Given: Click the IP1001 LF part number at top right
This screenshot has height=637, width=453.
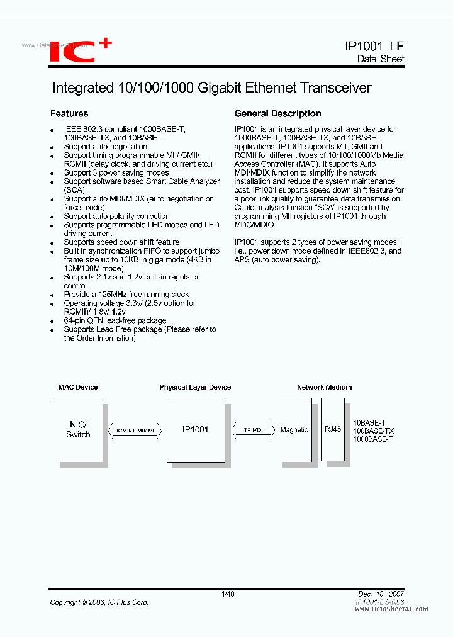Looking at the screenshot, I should pyautogui.click(x=374, y=46).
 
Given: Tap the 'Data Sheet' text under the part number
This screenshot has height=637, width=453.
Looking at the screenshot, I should pyautogui.click(x=381, y=59).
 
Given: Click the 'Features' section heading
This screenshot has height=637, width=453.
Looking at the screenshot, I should pyautogui.click(x=69, y=114).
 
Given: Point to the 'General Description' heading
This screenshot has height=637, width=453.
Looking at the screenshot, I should pyautogui.click(x=277, y=114).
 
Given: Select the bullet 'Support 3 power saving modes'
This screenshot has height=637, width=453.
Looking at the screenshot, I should pyautogui.click(x=116, y=172).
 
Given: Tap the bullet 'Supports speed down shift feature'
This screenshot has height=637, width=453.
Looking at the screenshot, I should pyautogui.click(x=121, y=242).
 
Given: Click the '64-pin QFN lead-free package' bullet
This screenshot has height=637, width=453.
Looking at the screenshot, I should pyautogui.click(x=115, y=320).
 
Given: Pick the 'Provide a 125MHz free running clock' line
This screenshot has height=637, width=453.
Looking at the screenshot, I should pyautogui.click(x=126, y=295).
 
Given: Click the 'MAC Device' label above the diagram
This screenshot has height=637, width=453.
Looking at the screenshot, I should pyautogui.click(x=78, y=388).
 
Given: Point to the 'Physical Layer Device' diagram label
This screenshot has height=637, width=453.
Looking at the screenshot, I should pyautogui.click(x=195, y=388).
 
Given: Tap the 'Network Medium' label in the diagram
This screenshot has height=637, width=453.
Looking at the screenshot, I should pyautogui.click(x=324, y=388).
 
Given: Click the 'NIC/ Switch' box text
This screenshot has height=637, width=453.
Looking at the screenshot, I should pyautogui.click(x=78, y=430).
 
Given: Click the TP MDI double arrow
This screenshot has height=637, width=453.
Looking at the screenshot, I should pyautogui.click(x=254, y=430).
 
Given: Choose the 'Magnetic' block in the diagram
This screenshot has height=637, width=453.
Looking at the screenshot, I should pyautogui.click(x=294, y=430).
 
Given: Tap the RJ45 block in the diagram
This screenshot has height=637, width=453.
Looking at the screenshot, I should pyautogui.click(x=332, y=429).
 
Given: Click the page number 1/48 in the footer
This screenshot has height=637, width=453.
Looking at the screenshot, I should pyautogui.click(x=228, y=594).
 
